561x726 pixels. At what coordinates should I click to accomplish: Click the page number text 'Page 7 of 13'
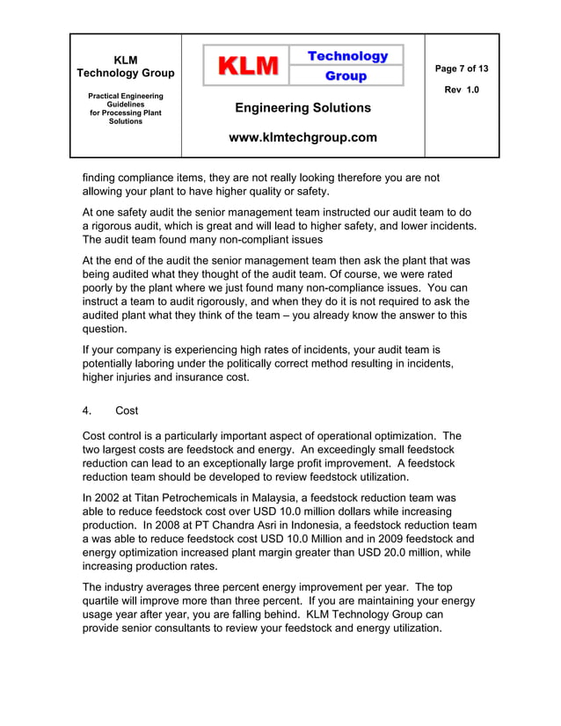pyautogui.click(x=462, y=69)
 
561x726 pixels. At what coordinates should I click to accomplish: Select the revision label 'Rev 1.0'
pyautogui.click(x=462, y=90)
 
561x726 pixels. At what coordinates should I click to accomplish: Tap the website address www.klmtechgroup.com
pyautogui.click(x=302, y=138)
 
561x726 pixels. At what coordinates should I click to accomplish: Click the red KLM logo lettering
pyautogui.click(x=249, y=66)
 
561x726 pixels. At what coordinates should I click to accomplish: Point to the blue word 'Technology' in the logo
pyautogui.click(x=347, y=56)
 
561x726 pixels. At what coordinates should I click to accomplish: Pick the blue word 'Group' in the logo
pyautogui.click(x=346, y=76)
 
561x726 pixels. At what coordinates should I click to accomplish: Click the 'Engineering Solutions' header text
pyautogui.click(x=302, y=108)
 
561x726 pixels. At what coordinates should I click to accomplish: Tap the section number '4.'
pyautogui.click(x=88, y=411)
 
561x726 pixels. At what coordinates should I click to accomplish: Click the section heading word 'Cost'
pyautogui.click(x=127, y=411)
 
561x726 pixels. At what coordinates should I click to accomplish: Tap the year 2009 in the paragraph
pyautogui.click(x=394, y=540)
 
